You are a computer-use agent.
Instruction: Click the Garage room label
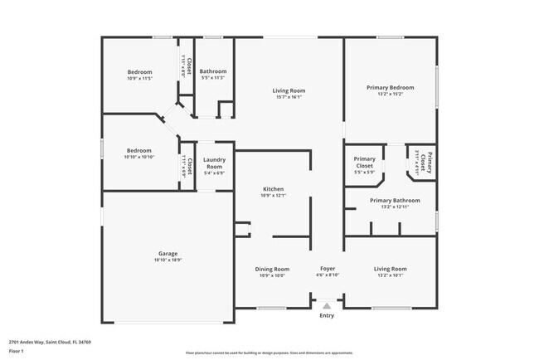tap(168, 254)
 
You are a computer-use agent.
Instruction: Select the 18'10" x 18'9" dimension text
tap(168, 260)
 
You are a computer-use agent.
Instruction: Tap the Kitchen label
tap(274, 189)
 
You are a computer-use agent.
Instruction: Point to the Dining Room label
tap(272, 269)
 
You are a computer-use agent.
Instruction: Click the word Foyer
tap(328, 269)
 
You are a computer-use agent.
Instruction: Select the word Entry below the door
tap(327, 315)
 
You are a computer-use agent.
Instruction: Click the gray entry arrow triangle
tap(327, 306)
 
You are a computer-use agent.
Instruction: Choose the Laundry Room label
tap(214, 163)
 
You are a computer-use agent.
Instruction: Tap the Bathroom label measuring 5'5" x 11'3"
tap(213, 71)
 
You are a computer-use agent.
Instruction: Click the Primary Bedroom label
tap(390, 87)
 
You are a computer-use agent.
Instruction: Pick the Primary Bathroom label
tap(395, 201)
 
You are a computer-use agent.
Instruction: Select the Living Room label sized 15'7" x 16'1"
tap(289, 90)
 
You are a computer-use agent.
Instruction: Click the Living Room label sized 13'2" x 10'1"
tap(390, 269)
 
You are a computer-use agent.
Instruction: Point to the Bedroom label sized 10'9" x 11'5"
tap(139, 71)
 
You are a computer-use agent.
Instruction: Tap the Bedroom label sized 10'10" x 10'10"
tap(138, 150)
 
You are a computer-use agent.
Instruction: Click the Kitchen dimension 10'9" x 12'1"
tap(274, 196)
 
